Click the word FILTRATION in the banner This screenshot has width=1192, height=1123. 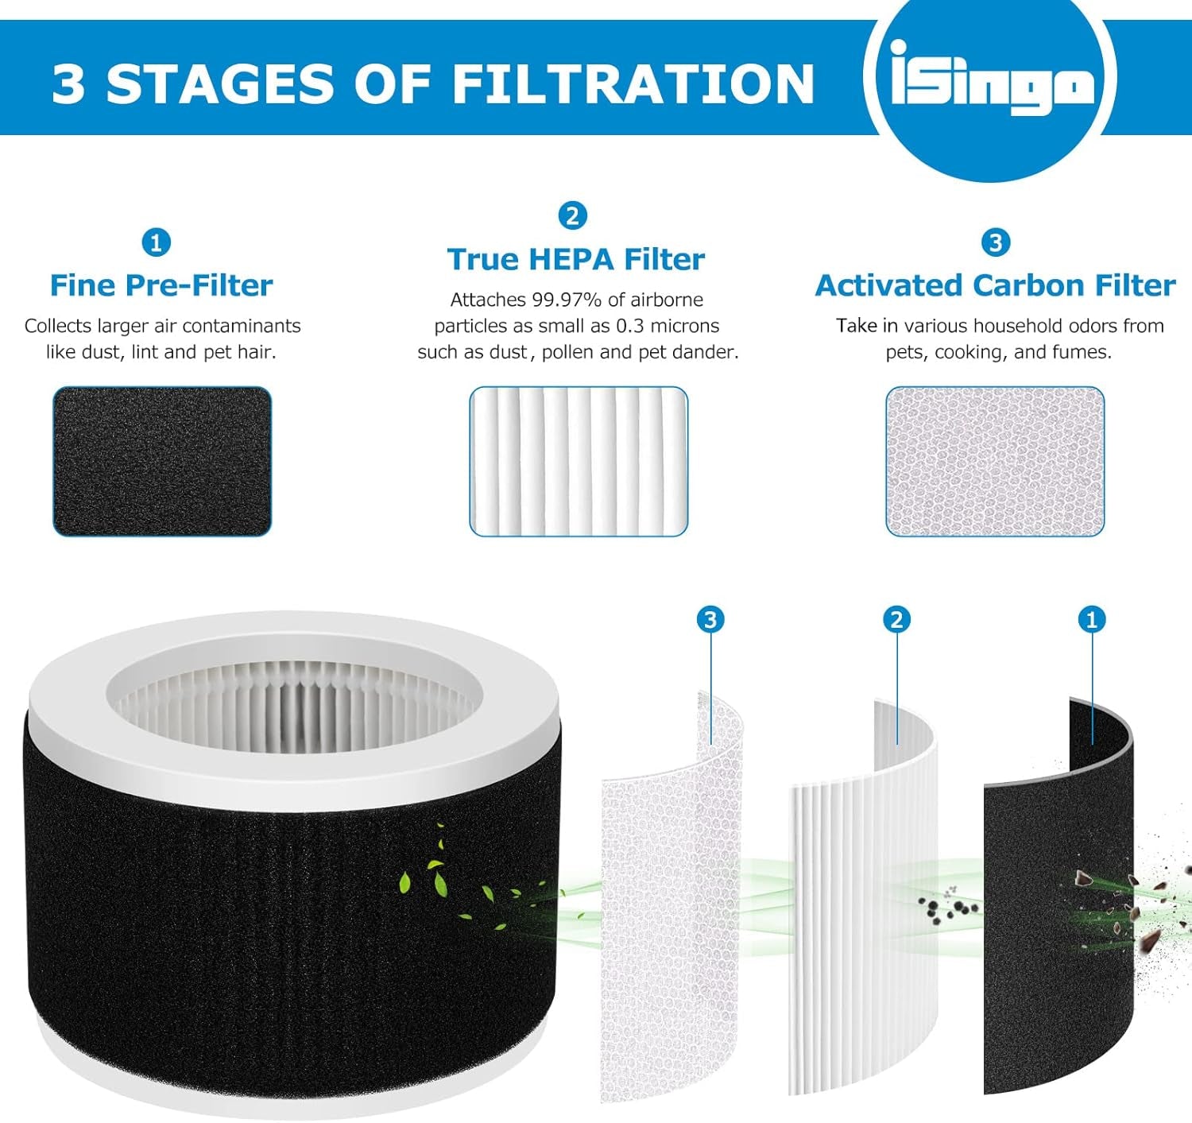(633, 84)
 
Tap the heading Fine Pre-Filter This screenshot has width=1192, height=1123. (161, 285)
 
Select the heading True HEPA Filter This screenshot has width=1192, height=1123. (575, 259)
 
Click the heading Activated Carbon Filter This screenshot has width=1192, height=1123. (995, 285)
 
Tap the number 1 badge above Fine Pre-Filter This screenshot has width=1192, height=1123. (156, 242)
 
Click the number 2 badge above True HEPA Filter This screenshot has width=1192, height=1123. (572, 215)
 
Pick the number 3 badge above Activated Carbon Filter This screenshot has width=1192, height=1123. (995, 242)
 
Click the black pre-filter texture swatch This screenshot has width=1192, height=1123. (162, 461)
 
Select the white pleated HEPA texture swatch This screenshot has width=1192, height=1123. (578, 461)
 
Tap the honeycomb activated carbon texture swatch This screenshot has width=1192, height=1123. (995, 461)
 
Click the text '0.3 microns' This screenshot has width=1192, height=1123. (668, 326)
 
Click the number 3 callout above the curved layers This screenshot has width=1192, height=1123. (710, 619)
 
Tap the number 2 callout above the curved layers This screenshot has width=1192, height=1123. (896, 619)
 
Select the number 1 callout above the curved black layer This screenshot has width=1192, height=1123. (1091, 619)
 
